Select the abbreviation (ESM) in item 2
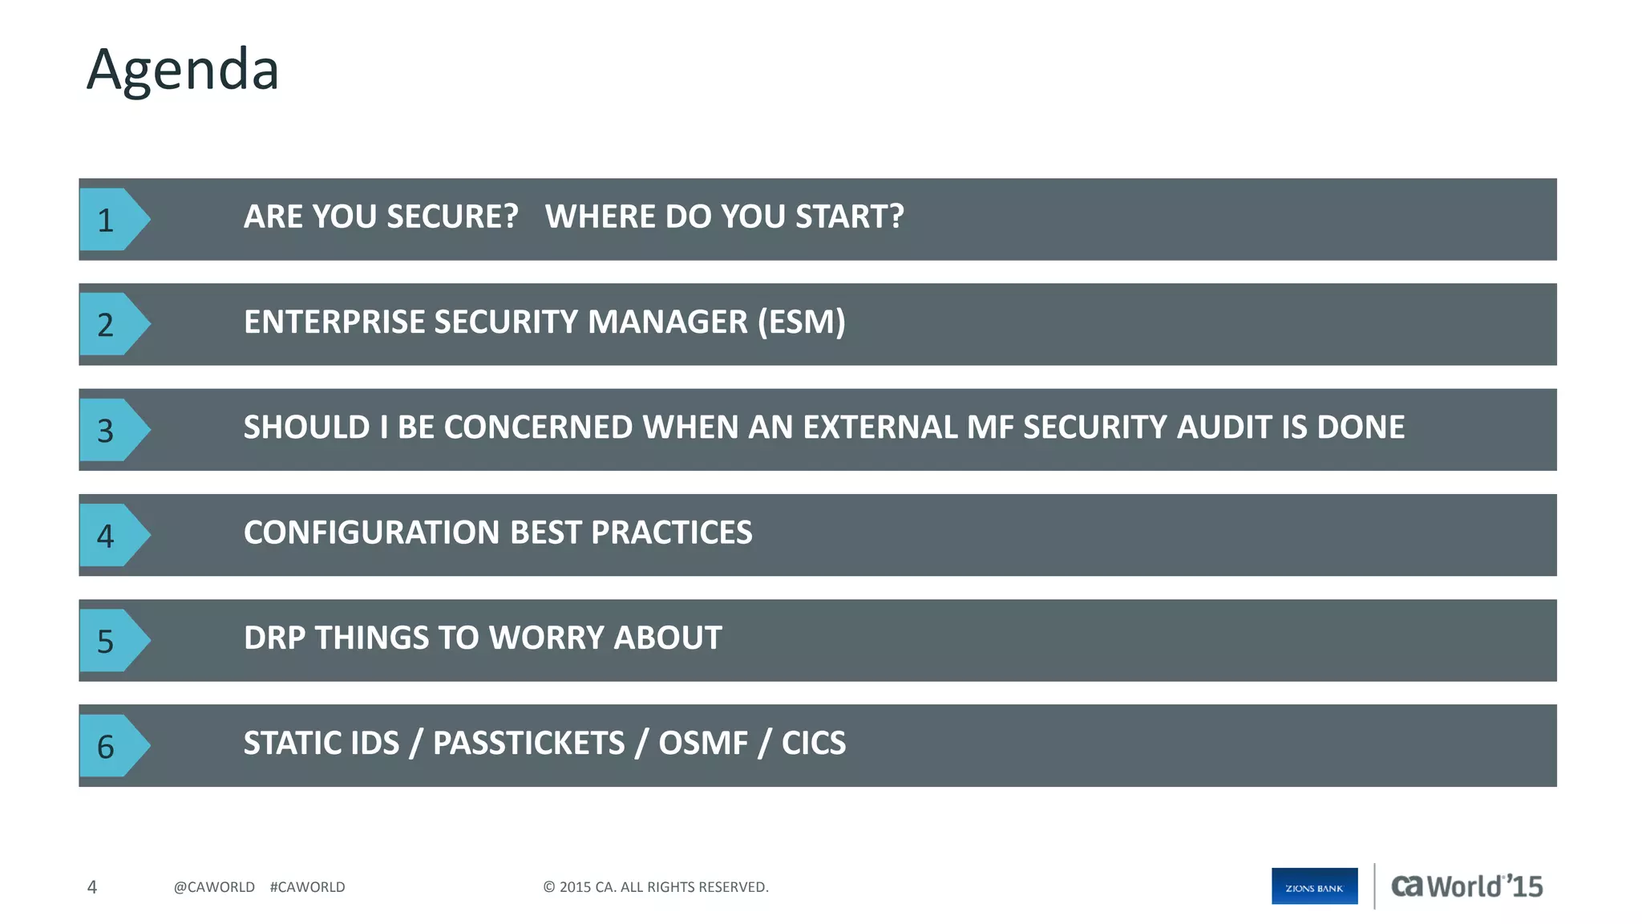pyautogui.click(x=801, y=322)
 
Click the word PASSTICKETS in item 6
pyautogui.click(x=528, y=744)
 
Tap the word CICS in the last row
pyautogui.click(x=813, y=744)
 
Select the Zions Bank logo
pyautogui.click(x=1314, y=886)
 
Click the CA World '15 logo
pyautogui.click(x=1466, y=886)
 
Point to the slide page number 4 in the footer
pyautogui.click(x=92, y=887)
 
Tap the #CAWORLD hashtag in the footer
pyautogui.click(x=307, y=887)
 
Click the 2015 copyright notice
pyautogui.click(x=655, y=887)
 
